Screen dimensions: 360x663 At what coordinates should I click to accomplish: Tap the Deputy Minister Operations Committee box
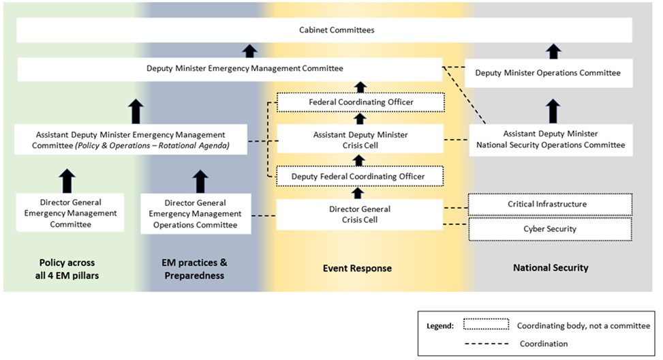[548, 72]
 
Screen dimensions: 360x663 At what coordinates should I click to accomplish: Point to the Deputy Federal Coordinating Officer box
[358, 177]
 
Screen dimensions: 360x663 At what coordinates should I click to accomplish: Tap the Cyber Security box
[550, 229]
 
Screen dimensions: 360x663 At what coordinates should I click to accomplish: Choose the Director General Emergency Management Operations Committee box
[196, 213]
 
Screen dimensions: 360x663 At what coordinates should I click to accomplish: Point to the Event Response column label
[357, 269]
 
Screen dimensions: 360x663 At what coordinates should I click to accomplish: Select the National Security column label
[551, 268]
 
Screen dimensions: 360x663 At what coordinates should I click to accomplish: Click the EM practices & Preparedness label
[197, 269]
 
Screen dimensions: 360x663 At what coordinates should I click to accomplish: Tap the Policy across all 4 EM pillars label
[67, 269]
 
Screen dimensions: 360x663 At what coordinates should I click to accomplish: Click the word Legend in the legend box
[441, 326]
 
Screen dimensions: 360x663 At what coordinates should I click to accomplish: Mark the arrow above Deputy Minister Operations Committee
[554, 51]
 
